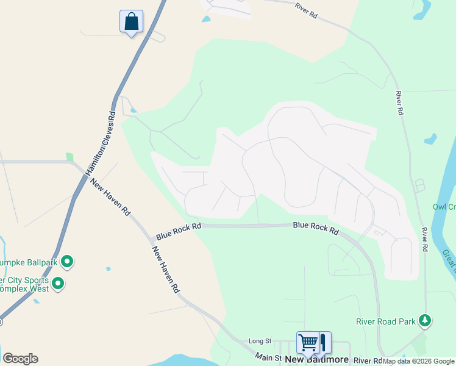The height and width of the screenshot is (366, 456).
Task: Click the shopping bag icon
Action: [x=131, y=21]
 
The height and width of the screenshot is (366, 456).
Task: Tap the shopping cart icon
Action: [x=308, y=342]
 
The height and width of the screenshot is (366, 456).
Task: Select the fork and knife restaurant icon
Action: [x=322, y=342]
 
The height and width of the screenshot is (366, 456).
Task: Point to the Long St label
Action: [x=259, y=342]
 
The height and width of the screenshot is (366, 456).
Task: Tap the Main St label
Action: [x=268, y=356]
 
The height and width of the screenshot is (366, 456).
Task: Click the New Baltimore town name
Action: [x=316, y=360]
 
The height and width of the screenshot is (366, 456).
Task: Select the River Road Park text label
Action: [x=386, y=321]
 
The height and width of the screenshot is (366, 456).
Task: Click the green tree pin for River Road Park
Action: [x=426, y=320]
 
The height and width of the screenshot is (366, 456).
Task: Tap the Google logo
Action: [x=20, y=359]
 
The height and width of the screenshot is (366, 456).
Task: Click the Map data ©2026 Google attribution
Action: [x=418, y=361]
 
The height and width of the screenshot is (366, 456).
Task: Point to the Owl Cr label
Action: [x=444, y=207]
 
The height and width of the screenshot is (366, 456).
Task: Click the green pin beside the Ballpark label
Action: [x=67, y=262]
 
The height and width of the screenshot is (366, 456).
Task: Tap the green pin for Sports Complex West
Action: [x=59, y=284]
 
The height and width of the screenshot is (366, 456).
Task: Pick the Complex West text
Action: [x=25, y=289]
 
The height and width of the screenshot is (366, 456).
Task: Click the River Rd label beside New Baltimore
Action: [x=367, y=361]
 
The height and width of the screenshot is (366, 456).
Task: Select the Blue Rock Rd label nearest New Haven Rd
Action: [x=178, y=231]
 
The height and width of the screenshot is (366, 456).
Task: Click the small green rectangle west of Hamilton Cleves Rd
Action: [x=69, y=157]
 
